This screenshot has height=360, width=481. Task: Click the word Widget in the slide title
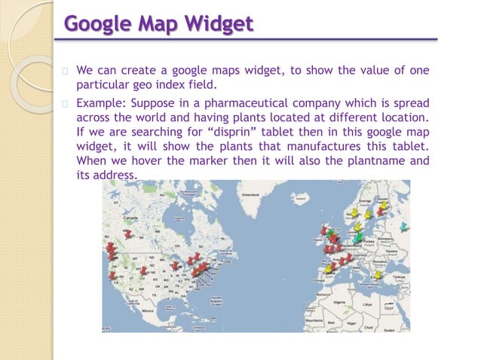pyautogui.click(x=213, y=24)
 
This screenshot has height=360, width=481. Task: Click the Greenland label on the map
pyautogui.click(x=251, y=194)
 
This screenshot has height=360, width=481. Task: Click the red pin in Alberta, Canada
pyautogui.click(x=129, y=233)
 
